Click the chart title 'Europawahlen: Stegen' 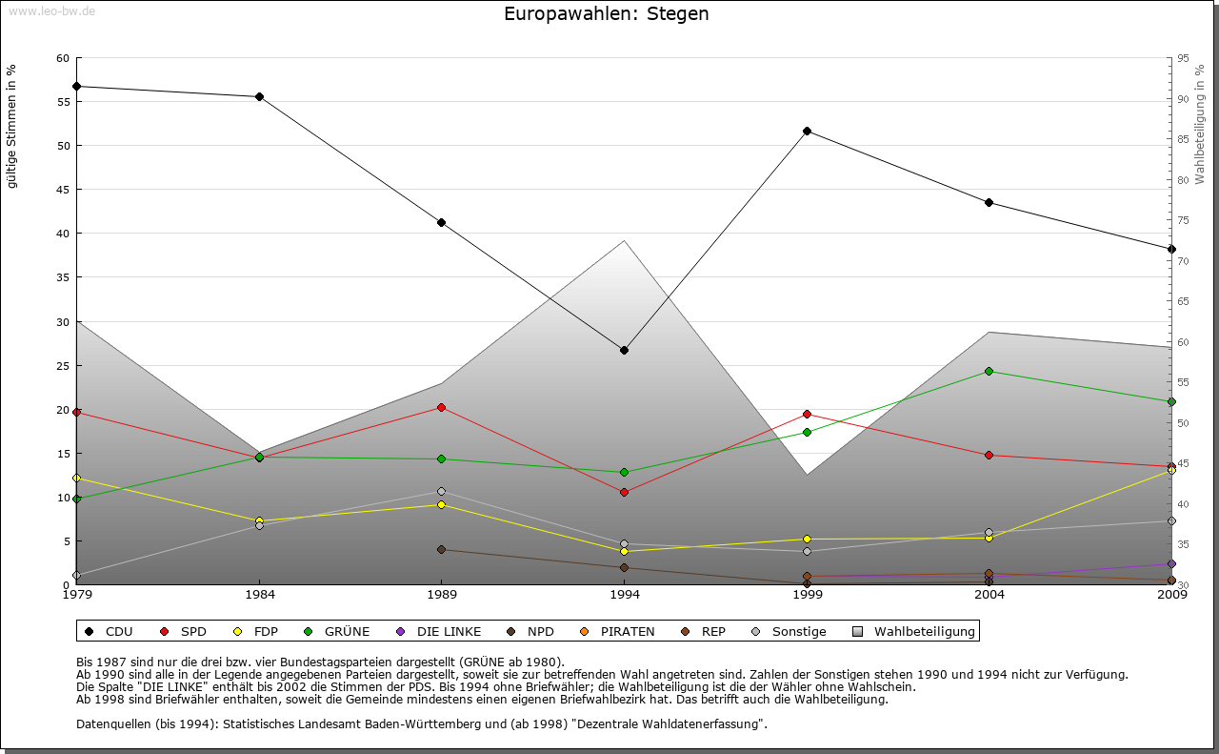(606, 14)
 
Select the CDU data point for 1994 (624, 350)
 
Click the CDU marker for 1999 (807, 131)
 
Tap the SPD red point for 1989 (441, 407)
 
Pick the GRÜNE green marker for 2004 (989, 371)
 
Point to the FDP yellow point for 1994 (624, 551)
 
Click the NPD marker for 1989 (441, 549)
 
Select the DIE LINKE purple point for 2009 (1171, 563)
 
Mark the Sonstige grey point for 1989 (441, 492)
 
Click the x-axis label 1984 (259, 595)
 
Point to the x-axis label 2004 (989, 595)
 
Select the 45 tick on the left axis (63, 190)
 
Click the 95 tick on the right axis (1183, 58)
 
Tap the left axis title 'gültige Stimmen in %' (12, 127)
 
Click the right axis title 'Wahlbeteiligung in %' (1200, 125)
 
